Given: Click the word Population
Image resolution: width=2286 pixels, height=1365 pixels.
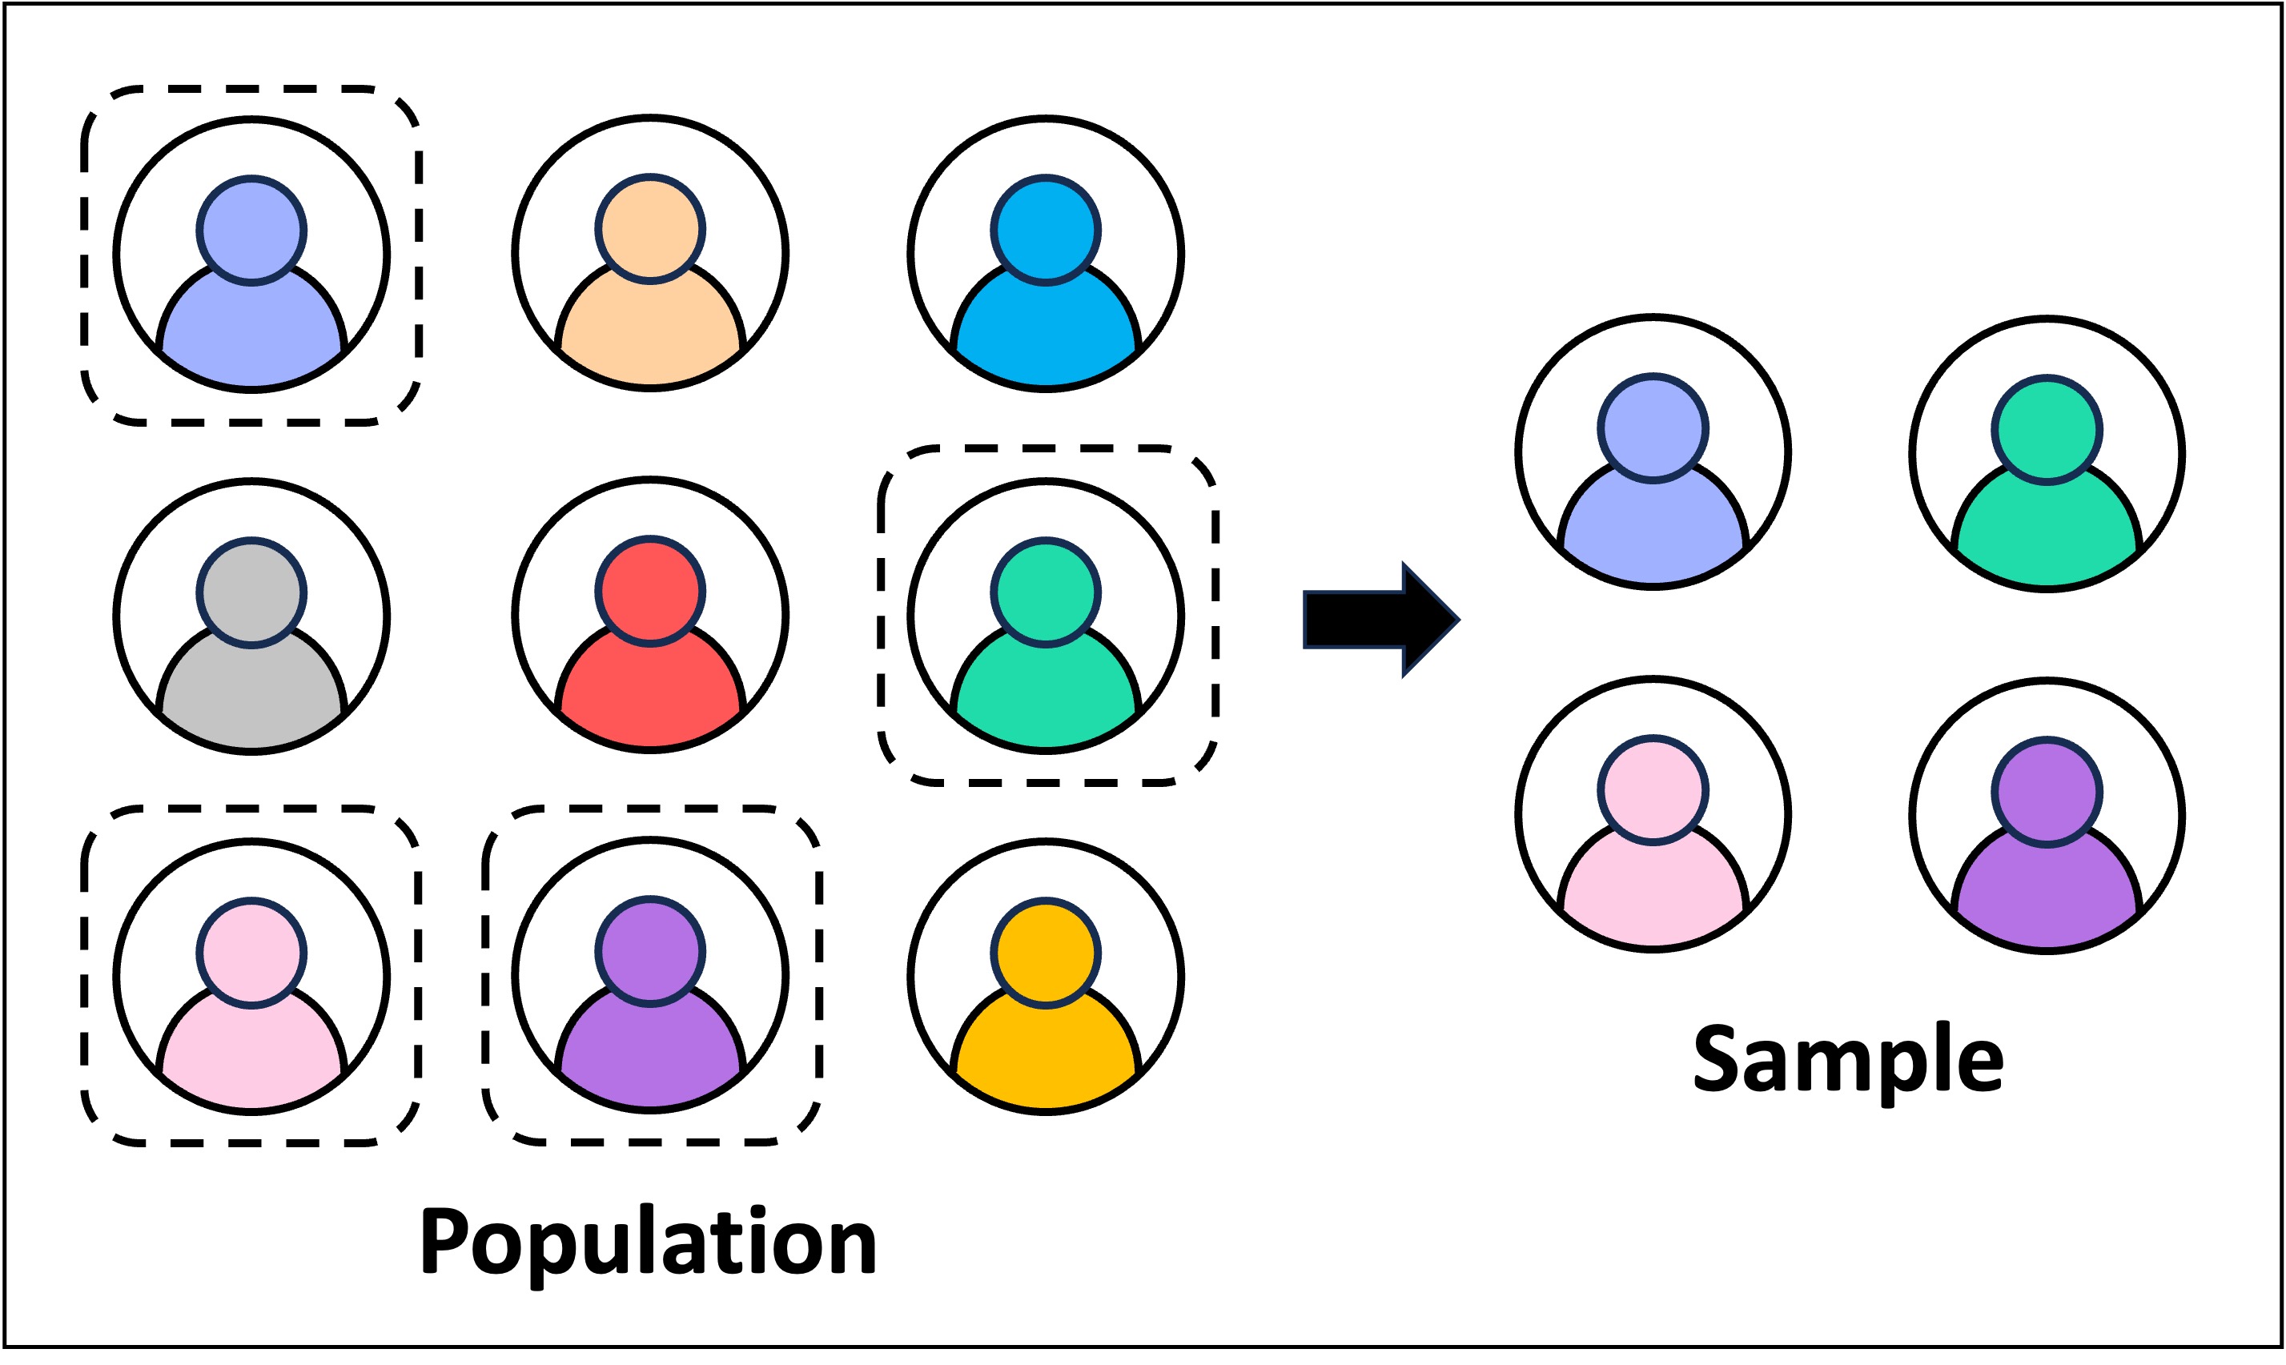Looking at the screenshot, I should pyautogui.click(x=649, y=1243).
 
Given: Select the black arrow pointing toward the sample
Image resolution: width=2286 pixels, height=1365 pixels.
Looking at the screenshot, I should pyautogui.click(x=1379, y=620).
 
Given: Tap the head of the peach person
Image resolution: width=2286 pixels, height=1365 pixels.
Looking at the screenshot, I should pyautogui.click(x=650, y=228).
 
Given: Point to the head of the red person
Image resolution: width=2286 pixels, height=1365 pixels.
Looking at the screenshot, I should pyautogui.click(x=650, y=592).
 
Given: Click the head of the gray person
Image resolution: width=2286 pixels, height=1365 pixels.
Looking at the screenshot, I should pyautogui.click(x=251, y=593).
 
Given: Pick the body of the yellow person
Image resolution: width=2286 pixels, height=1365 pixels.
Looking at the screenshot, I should pyautogui.click(x=1046, y=1058).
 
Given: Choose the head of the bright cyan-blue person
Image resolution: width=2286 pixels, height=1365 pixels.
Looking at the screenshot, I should pyautogui.click(x=1046, y=229).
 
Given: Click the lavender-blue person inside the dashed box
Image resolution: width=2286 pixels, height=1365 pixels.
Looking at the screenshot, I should pyautogui.click(x=251, y=276).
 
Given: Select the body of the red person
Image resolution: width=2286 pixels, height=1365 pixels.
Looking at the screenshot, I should pyautogui.click(x=650, y=690).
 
